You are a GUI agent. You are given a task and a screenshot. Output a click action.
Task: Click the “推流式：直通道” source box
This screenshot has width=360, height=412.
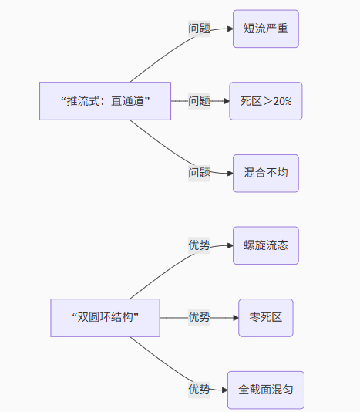pyautogui.click(x=105, y=101)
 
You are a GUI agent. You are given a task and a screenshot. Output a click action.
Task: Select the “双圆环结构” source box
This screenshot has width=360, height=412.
pyautogui.click(x=105, y=317)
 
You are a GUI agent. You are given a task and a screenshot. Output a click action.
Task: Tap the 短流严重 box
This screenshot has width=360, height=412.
pyautogui.click(x=265, y=29)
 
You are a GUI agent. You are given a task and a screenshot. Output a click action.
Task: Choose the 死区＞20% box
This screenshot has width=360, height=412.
pyautogui.click(x=265, y=101)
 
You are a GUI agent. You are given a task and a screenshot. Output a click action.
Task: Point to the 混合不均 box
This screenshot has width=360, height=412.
pyautogui.click(x=265, y=173)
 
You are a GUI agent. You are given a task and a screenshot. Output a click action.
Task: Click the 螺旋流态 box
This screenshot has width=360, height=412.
pyautogui.click(x=265, y=245)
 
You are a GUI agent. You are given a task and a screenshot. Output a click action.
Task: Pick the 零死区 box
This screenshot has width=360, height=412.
pyautogui.click(x=265, y=317)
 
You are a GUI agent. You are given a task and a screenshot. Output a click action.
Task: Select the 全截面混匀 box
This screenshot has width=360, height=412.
pyautogui.click(x=265, y=390)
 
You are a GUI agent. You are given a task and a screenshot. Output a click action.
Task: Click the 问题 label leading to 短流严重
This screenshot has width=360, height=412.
pyautogui.click(x=200, y=29)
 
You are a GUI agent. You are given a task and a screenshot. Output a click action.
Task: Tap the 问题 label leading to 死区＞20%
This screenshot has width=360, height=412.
pyautogui.click(x=200, y=101)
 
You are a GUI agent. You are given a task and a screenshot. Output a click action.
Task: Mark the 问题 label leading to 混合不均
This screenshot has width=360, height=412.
pyautogui.click(x=200, y=173)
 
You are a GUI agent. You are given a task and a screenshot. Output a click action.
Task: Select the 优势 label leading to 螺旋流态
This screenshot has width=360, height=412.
pyautogui.click(x=200, y=245)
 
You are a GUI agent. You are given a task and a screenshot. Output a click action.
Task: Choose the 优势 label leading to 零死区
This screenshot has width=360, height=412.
pyautogui.click(x=200, y=317)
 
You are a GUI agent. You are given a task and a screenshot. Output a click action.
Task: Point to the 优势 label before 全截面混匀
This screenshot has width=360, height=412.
pyautogui.click(x=200, y=390)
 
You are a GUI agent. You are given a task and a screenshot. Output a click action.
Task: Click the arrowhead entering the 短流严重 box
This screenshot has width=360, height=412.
pyautogui.click(x=229, y=29)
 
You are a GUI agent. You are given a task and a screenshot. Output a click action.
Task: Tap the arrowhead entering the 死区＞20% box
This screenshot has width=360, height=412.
pyautogui.click(x=225, y=101)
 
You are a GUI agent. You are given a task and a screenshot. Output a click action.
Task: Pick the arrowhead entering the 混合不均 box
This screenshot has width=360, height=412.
pyautogui.click(x=229, y=173)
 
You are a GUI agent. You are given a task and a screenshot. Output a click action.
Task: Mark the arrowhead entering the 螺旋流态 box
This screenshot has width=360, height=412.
pyautogui.click(x=229, y=245)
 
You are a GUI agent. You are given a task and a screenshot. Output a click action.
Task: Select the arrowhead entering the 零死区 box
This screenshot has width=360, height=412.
pyautogui.click(x=234, y=317)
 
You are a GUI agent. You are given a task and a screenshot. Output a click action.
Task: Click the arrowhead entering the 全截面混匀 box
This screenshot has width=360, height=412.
pyautogui.click(x=224, y=390)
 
